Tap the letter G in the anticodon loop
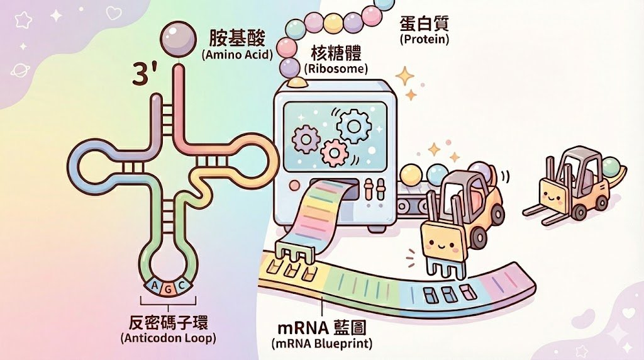[168, 289]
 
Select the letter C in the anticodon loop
[182, 286]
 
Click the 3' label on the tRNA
[146, 74]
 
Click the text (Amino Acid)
[237, 55]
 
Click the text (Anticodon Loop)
[168, 338]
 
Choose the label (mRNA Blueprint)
[321, 344]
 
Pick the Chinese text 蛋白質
[425, 24]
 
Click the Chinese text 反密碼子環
[168, 322]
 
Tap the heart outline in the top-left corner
[113, 13]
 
